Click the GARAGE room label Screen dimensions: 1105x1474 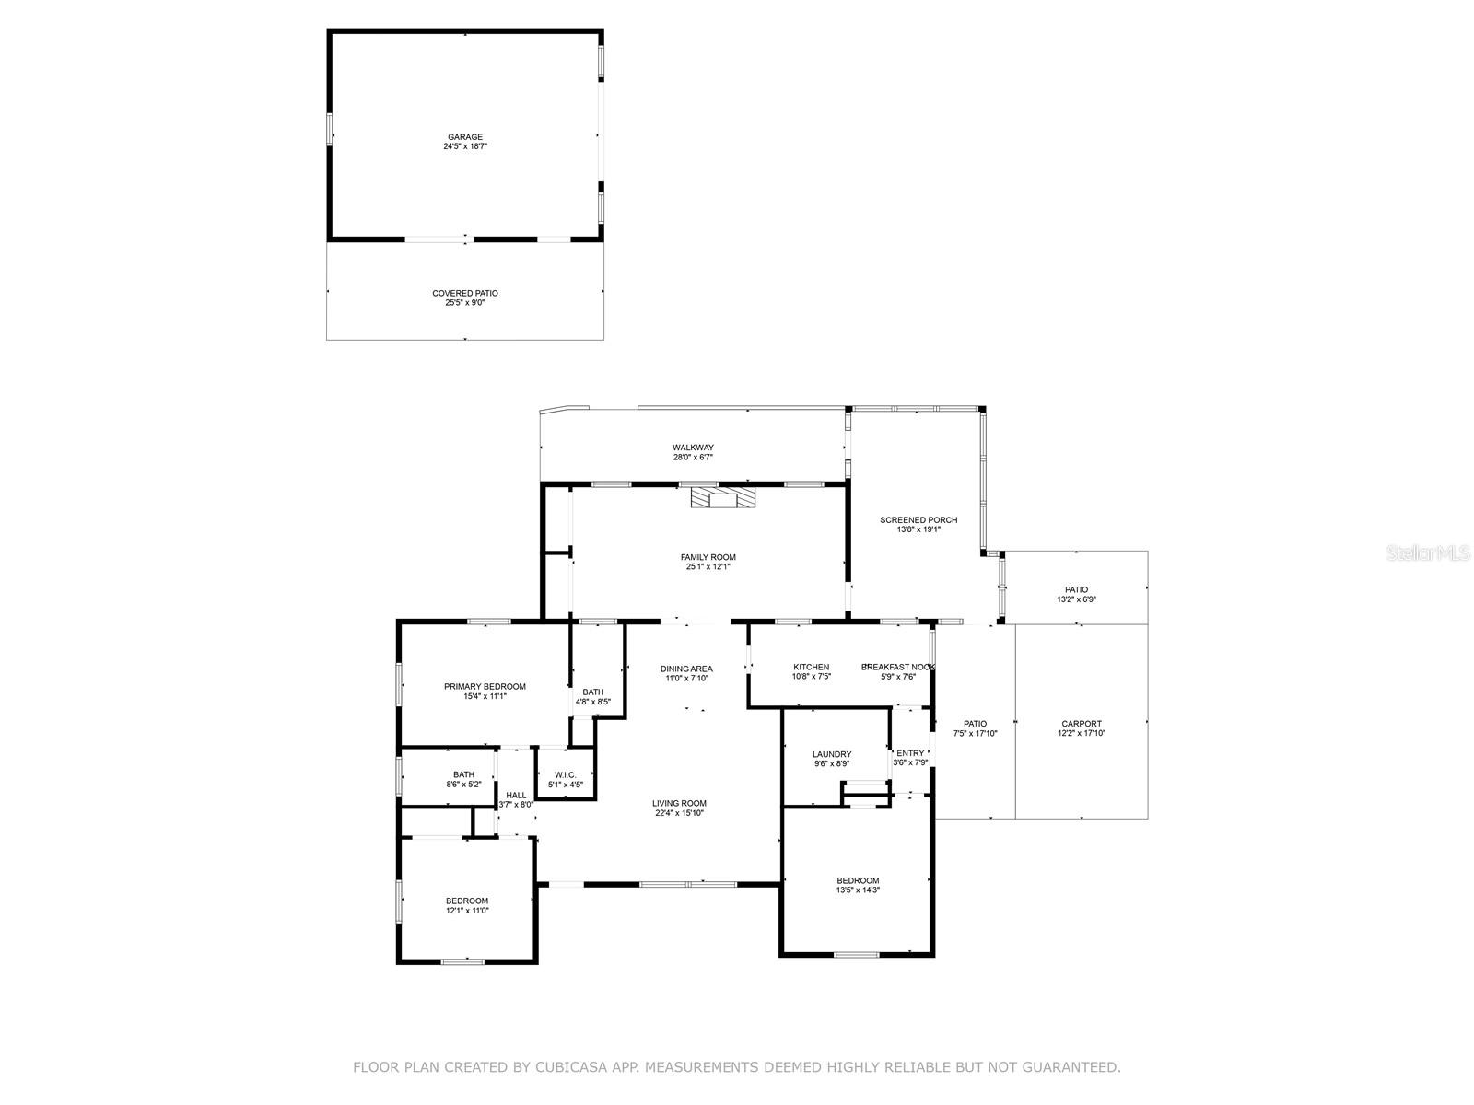point(465,137)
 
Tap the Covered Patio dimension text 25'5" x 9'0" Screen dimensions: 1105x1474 point(465,302)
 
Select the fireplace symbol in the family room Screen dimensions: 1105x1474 point(723,497)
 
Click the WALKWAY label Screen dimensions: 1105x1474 point(693,448)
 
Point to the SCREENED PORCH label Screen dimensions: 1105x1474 point(918,520)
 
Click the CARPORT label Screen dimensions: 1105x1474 point(1082,724)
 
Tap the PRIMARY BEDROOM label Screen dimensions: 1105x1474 point(485,686)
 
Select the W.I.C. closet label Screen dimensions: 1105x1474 point(565,774)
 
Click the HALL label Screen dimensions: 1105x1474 point(516,795)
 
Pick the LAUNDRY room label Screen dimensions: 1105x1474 point(832,754)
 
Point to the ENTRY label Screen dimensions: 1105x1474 point(910,753)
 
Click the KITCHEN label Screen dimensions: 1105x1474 point(812,667)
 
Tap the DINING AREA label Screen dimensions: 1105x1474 point(686,669)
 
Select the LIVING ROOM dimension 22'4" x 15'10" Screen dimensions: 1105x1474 point(680,813)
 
